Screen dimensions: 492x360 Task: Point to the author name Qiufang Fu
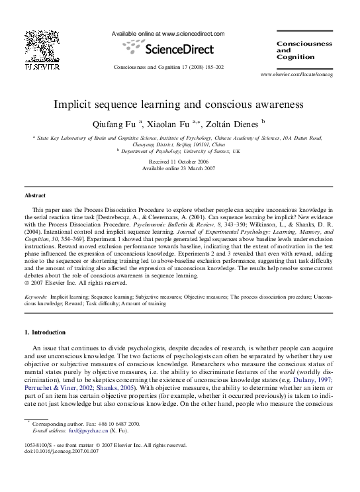tap(118, 124)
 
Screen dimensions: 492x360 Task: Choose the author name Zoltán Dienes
tap(234, 124)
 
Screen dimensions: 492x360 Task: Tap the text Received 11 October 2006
tap(180, 162)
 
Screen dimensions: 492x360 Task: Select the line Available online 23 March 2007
tap(180, 168)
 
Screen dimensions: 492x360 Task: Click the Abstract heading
tap(35, 196)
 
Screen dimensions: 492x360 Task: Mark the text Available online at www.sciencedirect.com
tap(168, 33)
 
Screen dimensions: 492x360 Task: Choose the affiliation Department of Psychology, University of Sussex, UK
tap(180, 152)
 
